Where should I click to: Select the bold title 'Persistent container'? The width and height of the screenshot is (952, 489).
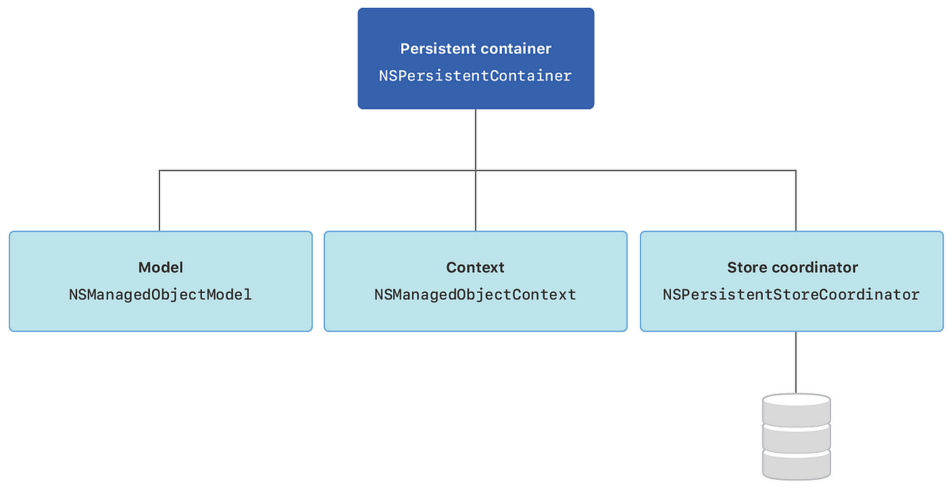(x=475, y=49)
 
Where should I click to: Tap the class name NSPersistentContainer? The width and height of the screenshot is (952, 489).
(x=475, y=76)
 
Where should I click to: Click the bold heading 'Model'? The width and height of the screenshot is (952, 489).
(x=161, y=268)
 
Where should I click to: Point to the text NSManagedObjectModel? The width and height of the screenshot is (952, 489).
(x=161, y=294)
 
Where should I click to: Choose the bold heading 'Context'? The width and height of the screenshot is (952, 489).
(x=475, y=268)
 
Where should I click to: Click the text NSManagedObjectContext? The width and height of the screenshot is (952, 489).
(x=475, y=294)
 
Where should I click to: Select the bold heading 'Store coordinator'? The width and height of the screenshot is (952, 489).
(x=792, y=268)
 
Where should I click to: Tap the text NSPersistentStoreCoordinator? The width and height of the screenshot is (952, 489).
(x=791, y=294)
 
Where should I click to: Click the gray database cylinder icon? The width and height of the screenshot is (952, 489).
(x=796, y=436)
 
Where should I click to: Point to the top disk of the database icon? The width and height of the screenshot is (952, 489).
(x=796, y=408)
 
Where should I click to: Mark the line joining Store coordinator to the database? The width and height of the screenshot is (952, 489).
(x=796, y=361)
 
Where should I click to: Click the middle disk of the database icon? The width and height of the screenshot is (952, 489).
(x=796, y=437)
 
